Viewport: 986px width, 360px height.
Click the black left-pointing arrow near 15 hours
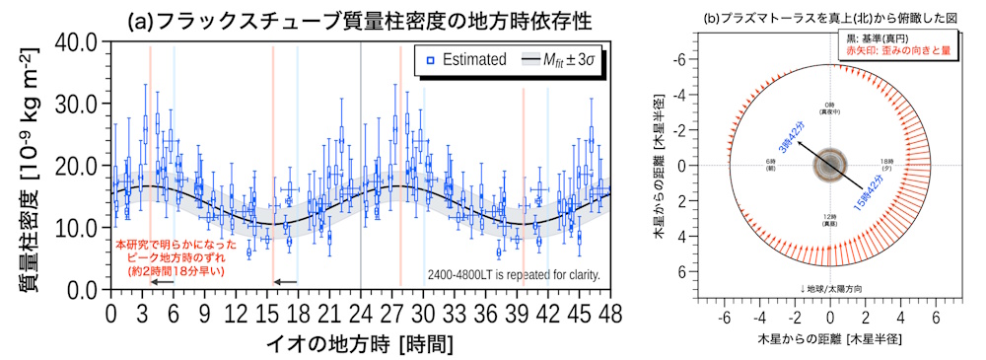(284, 283)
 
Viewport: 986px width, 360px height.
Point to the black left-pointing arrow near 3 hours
(161, 283)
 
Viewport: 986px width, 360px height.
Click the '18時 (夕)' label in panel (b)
(884, 165)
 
